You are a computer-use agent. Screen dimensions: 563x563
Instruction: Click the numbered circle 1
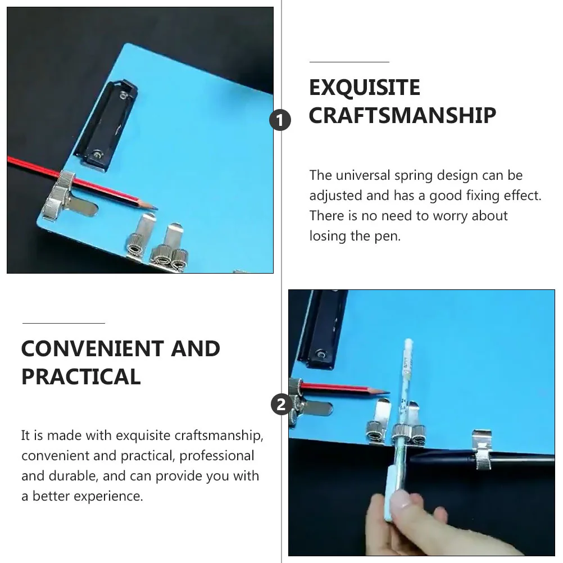pos(281,120)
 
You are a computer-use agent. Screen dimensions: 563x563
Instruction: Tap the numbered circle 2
pos(281,404)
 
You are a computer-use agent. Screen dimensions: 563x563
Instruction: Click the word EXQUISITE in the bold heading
pos(365,88)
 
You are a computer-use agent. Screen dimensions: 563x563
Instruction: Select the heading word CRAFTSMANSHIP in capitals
pos(402,116)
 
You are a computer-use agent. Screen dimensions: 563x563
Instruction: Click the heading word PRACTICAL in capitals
pos(81,376)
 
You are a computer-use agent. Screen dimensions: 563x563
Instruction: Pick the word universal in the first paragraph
pos(362,175)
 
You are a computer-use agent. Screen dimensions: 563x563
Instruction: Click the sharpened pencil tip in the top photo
pos(153,207)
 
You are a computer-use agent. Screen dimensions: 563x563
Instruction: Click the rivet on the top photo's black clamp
pos(98,153)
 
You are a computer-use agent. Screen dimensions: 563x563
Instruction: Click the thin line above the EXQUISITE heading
pos(349,62)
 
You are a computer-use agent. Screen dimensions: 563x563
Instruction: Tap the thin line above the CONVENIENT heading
pos(63,323)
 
